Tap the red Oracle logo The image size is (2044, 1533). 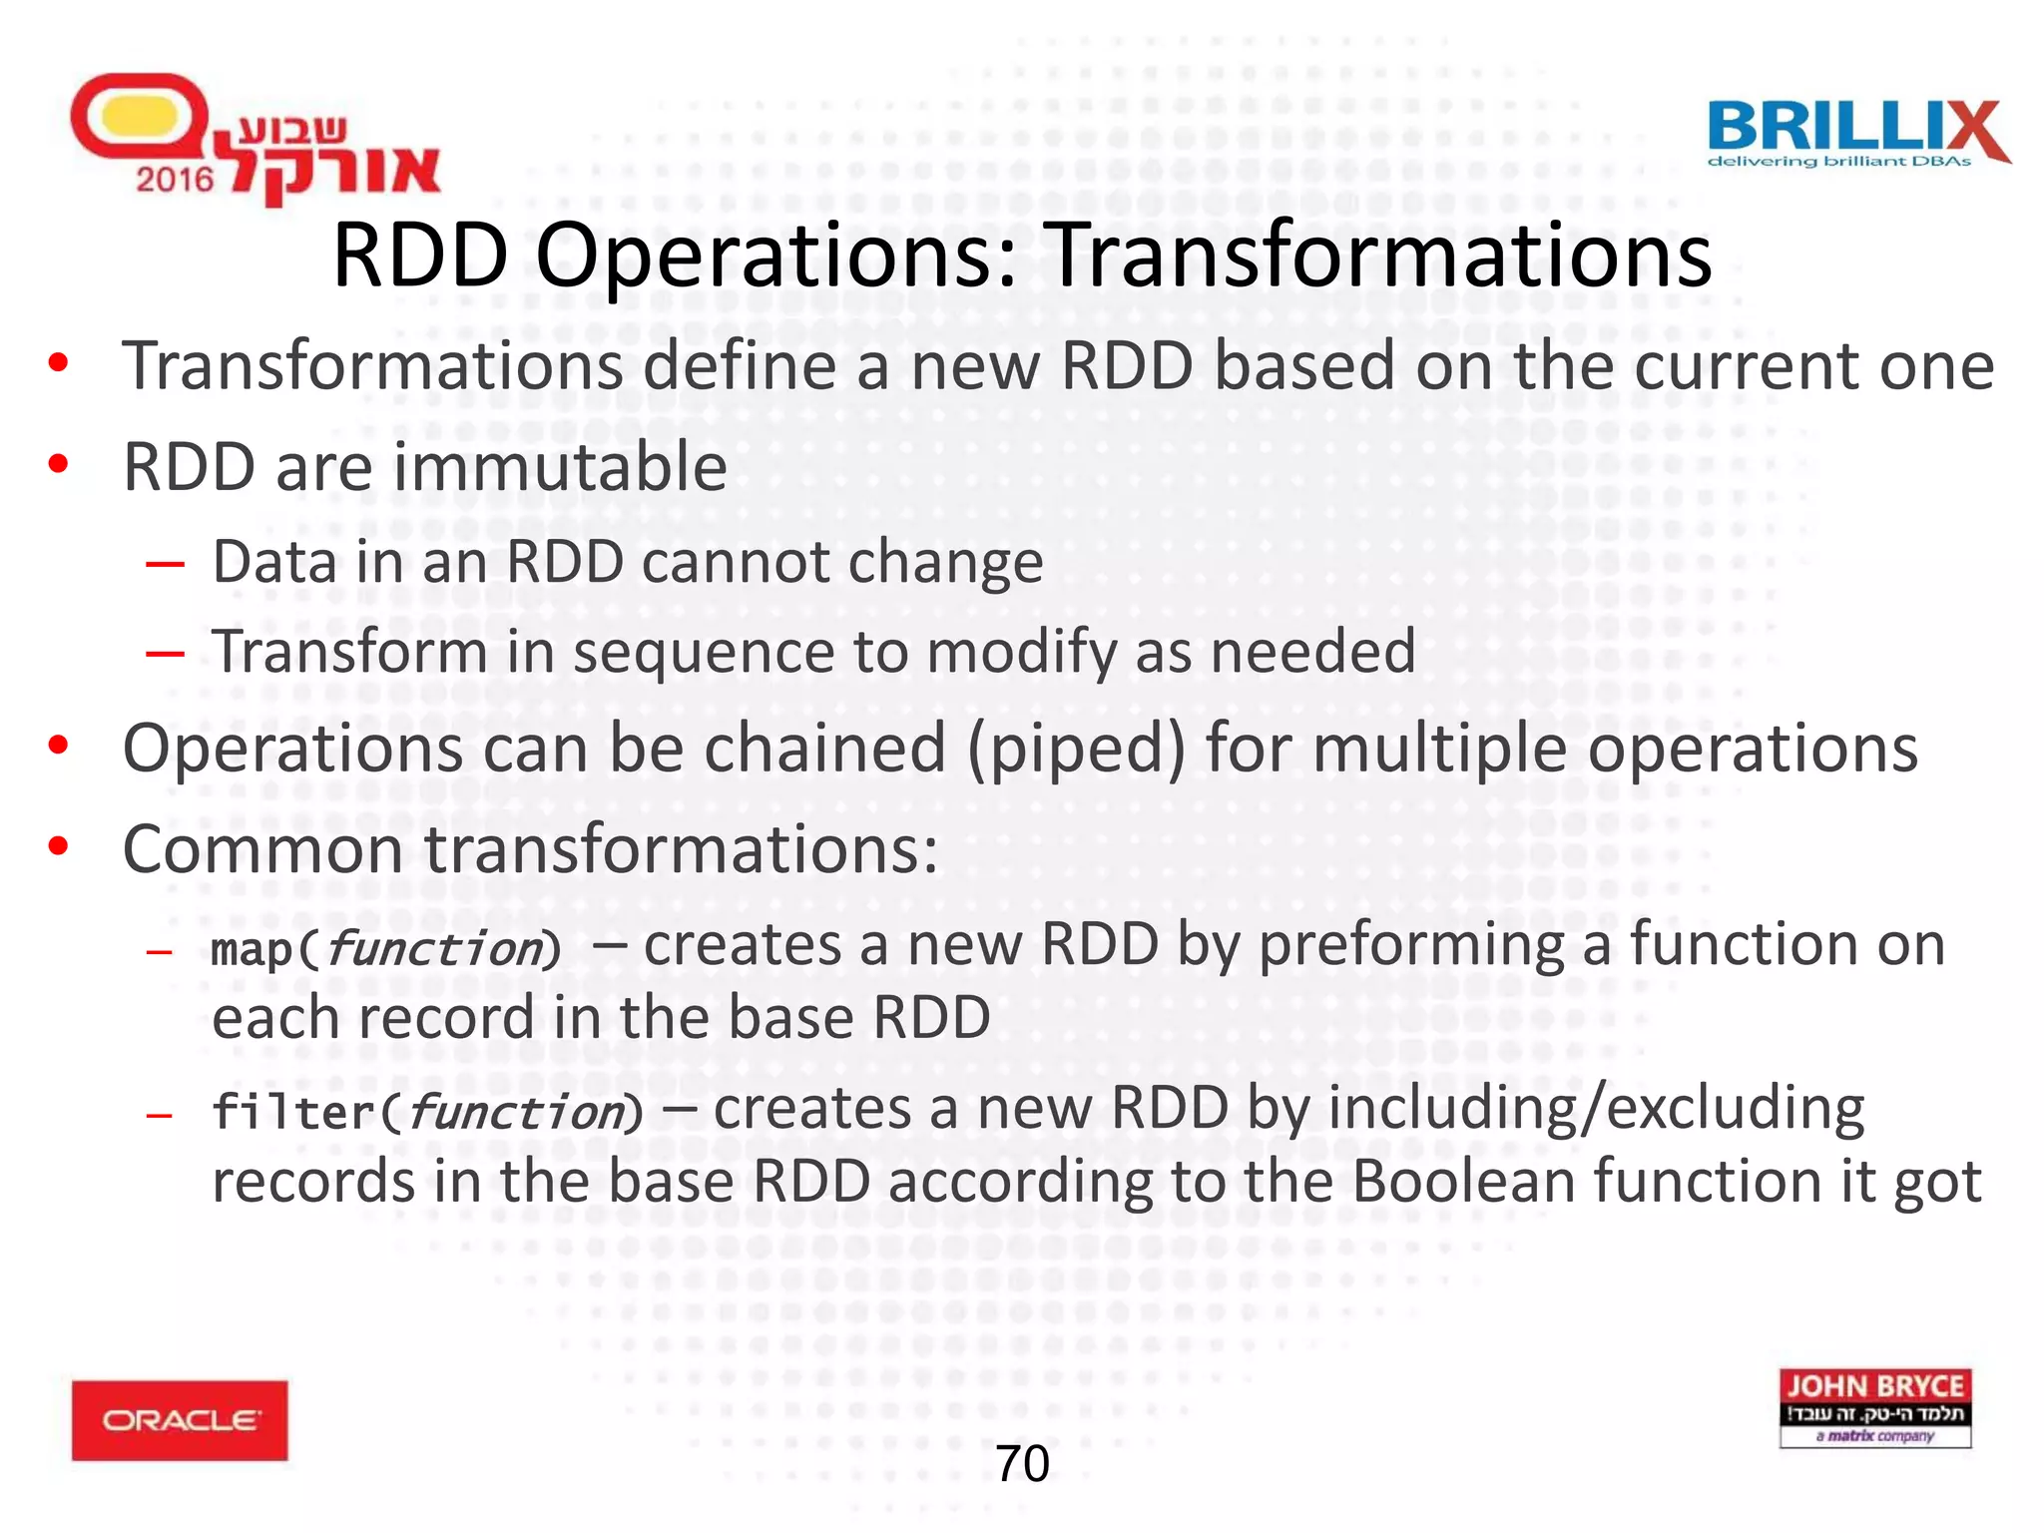(x=180, y=1420)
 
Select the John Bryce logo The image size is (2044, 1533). (x=1874, y=1407)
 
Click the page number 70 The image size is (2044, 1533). (x=1022, y=1464)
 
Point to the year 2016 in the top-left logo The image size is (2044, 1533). (x=175, y=180)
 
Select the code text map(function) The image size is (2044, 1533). (x=386, y=948)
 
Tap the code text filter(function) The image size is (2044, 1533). (x=427, y=1112)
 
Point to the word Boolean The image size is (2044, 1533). (x=1464, y=1182)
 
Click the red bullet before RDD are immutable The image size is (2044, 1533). (x=59, y=464)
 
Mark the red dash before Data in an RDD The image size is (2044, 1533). (x=165, y=564)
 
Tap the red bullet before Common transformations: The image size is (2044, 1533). (x=59, y=846)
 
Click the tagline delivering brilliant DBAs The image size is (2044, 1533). (x=1839, y=162)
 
